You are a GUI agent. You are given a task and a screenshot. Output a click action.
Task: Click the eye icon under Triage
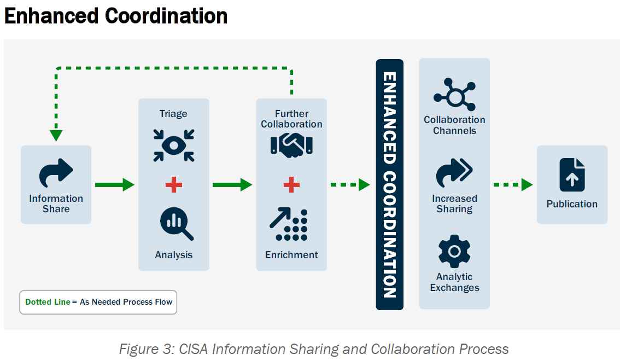174,146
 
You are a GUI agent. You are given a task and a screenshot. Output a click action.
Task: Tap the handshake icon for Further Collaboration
291,144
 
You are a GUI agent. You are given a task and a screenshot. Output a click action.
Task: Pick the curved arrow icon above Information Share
56,173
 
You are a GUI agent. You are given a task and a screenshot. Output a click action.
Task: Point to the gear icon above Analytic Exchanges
454,251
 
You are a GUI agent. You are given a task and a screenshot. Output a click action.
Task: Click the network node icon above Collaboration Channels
454,94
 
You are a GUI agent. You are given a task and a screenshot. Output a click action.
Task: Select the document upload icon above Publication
572,175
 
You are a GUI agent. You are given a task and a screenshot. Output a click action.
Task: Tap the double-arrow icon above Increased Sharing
454,173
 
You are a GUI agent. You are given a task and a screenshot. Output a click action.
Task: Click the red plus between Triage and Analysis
174,185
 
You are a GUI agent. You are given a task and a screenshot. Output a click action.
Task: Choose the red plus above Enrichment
291,185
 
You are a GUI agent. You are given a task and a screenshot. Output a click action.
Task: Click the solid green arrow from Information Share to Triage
114,185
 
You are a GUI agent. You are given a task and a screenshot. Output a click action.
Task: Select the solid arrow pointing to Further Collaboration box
232,185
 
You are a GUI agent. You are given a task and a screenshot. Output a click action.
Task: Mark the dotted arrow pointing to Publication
513,185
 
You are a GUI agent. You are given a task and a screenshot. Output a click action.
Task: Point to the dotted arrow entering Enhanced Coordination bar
350,185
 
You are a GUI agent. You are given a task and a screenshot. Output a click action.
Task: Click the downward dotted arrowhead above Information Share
56,135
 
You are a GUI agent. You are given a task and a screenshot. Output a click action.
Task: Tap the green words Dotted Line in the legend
48,302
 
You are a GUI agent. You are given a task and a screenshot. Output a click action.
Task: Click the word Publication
572,204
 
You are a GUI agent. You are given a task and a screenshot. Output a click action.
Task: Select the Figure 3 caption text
313,349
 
